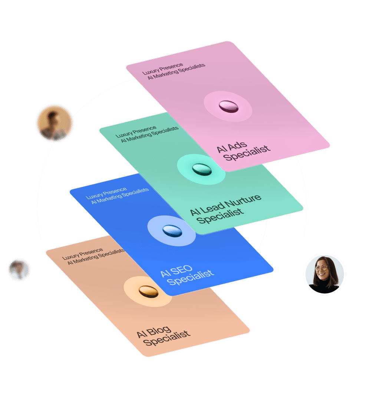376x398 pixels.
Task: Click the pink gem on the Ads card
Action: pos(228,106)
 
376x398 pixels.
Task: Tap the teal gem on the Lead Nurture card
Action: pos(202,169)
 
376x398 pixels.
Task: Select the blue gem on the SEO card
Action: pos(172,231)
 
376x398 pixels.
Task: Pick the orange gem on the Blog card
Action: pos(148,291)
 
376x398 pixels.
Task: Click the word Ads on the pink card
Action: pos(237,146)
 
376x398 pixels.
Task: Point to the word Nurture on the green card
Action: pos(243,201)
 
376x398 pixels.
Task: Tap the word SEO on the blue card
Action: pos(182,271)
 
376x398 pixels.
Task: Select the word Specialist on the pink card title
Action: pos(247,153)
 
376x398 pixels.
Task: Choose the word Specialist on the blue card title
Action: pos(191,277)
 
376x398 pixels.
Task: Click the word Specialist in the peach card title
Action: pos(166,338)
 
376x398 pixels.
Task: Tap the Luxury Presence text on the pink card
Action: pos(162,69)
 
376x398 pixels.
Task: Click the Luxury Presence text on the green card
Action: pos(136,132)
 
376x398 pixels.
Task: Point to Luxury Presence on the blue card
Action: pos(106,193)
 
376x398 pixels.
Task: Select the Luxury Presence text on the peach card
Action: pos(83,254)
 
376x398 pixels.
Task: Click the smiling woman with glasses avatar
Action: pos(325,274)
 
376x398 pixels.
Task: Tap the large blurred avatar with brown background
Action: pos(55,123)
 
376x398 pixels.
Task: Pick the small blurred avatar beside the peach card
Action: pos(19,270)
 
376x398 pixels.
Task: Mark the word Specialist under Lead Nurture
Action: pos(220,216)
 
